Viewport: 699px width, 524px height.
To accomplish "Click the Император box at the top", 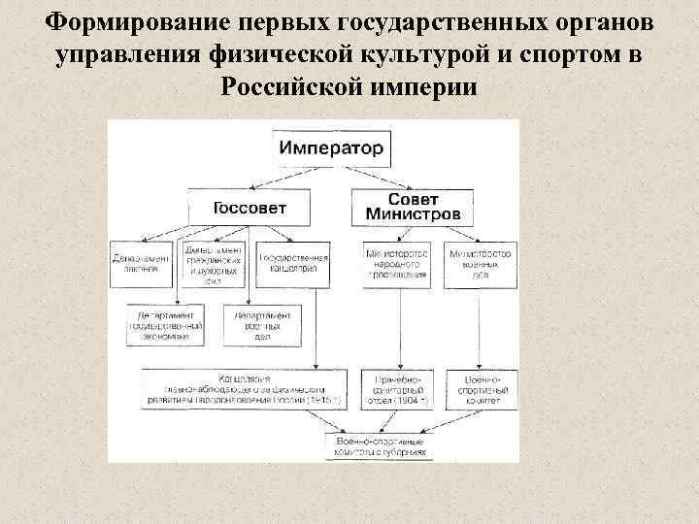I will (x=332, y=150).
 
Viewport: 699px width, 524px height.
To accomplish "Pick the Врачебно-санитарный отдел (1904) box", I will (x=398, y=388).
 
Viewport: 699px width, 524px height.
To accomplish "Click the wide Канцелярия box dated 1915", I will (x=245, y=388).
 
